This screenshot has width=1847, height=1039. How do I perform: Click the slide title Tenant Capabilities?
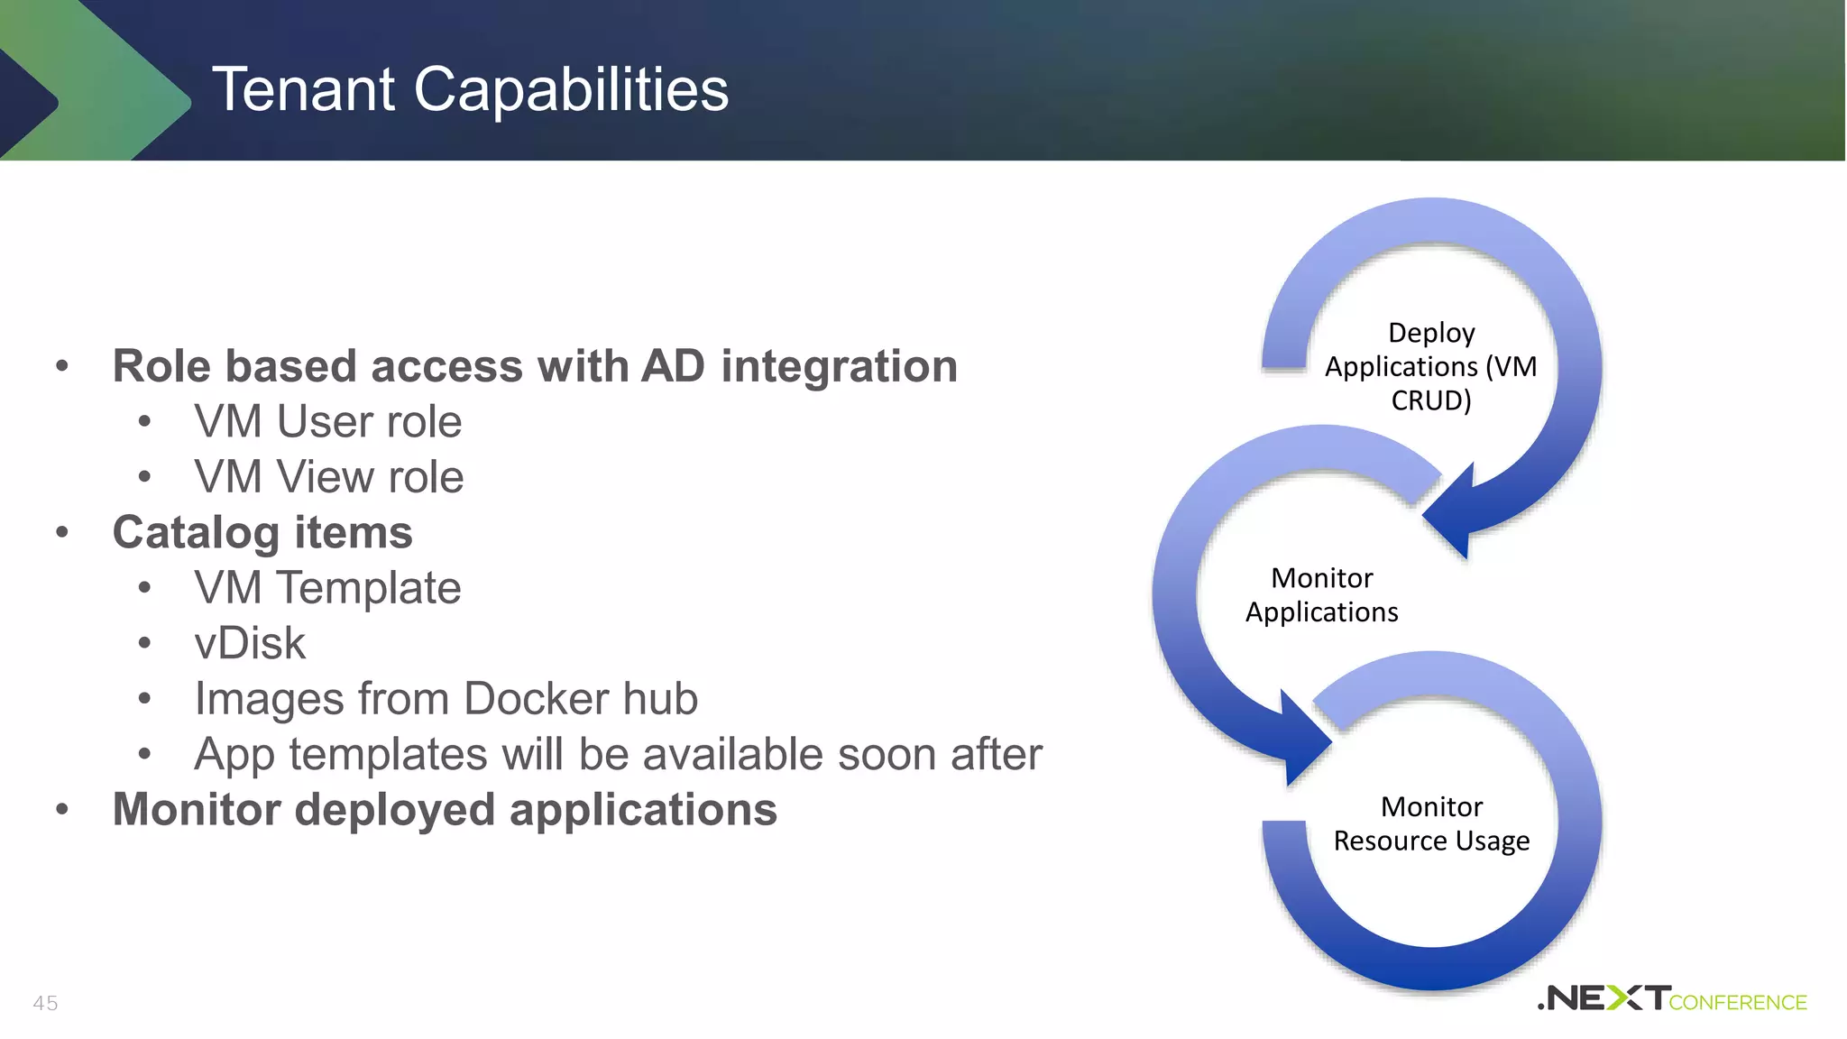[470, 89]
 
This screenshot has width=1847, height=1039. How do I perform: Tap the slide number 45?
[45, 1003]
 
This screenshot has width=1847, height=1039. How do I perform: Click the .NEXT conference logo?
[1671, 998]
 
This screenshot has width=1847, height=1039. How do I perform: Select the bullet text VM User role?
[327, 422]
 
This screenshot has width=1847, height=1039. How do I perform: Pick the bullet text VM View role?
[328, 477]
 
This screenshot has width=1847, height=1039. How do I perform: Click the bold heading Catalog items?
[262, 532]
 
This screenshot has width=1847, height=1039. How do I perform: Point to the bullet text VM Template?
[327, 588]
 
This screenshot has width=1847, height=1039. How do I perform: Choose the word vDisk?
[250, 643]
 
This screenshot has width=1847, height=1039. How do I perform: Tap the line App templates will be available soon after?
[618, 754]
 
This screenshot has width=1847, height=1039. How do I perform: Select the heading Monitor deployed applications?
[445, 809]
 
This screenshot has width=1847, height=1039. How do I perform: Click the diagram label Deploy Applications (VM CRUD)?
[1430, 366]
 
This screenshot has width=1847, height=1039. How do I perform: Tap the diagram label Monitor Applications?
[1321, 594]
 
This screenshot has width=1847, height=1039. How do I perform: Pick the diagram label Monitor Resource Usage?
[1431, 823]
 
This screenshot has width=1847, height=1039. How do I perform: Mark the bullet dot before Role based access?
[62, 366]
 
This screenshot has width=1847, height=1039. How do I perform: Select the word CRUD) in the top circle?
[1431, 400]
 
